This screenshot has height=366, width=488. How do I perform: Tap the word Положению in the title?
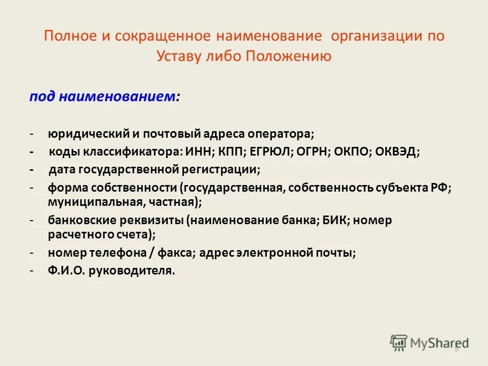(x=289, y=56)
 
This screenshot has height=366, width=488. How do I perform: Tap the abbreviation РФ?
(x=441, y=187)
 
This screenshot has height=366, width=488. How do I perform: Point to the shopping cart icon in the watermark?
(x=399, y=343)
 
